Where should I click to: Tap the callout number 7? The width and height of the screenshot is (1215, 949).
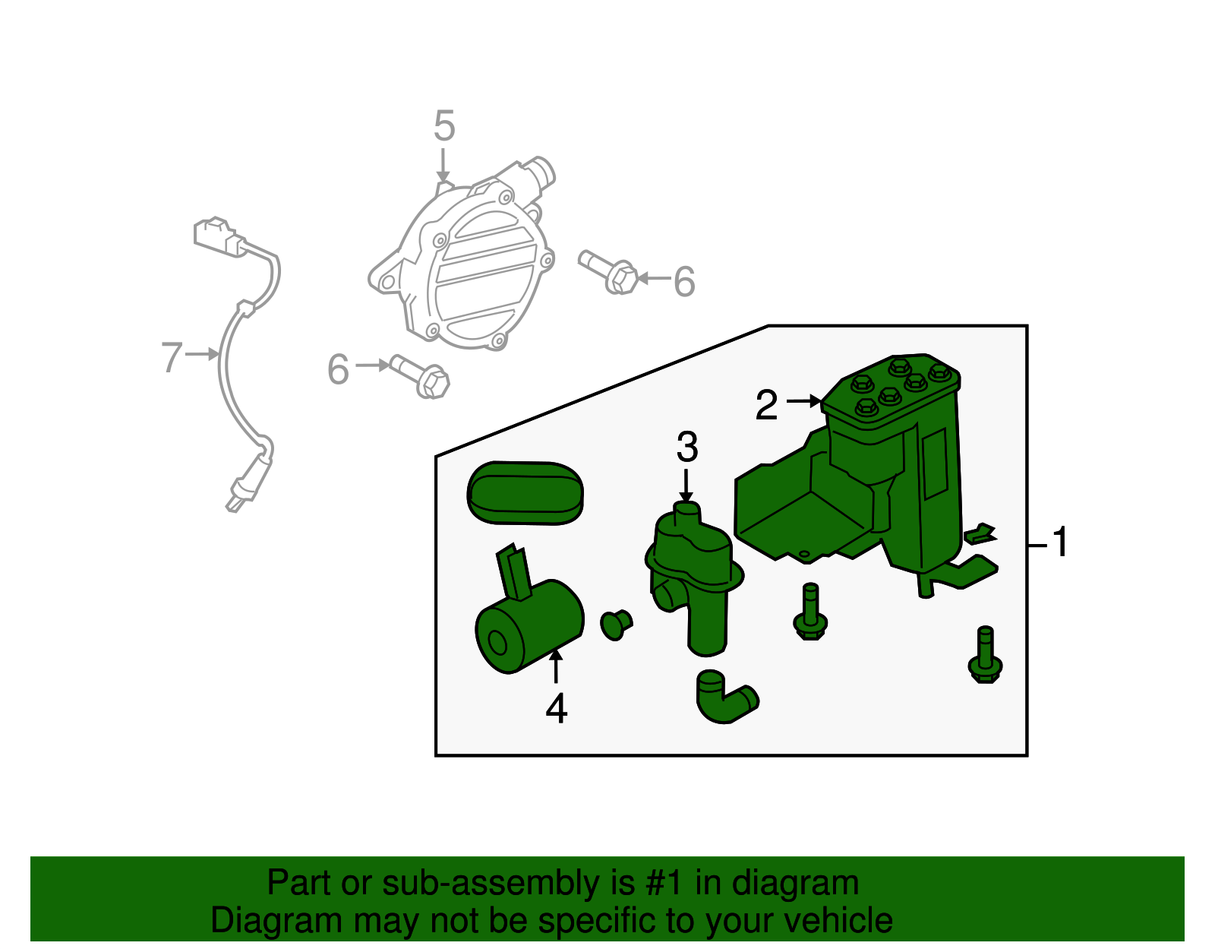coord(172,357)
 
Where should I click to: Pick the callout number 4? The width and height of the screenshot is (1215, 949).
coord(557,708)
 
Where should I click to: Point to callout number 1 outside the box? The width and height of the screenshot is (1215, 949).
coord(1060,541)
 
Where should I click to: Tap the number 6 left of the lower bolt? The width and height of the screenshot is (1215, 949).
coord(338,369)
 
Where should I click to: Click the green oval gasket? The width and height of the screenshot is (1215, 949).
coord(525,492)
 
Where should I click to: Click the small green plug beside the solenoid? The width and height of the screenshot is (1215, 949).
coord(616,624)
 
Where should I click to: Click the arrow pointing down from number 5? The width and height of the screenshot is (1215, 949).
coord(443,165)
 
